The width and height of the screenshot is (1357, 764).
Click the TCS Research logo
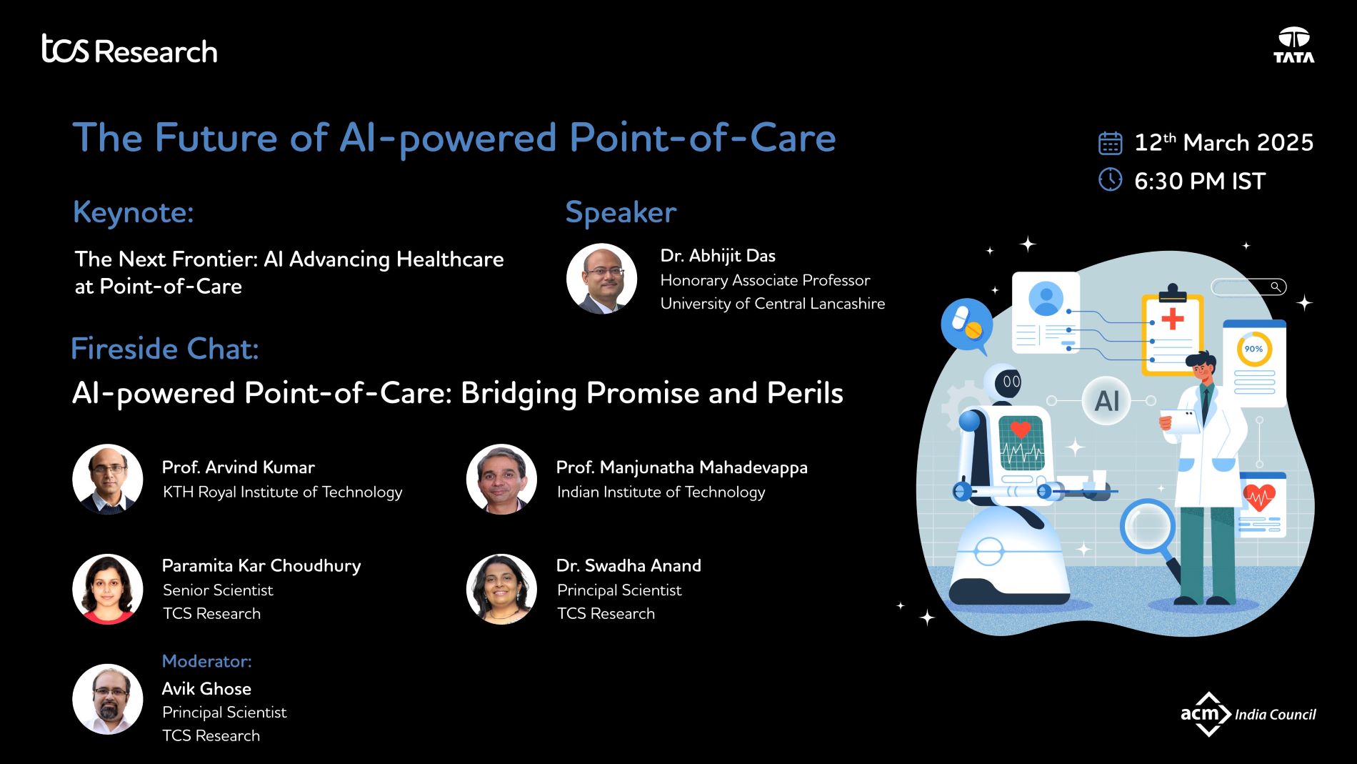coord(129,49)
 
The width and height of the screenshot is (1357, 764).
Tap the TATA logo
coord(1293,45)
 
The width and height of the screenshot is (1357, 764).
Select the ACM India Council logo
coord(1248,713)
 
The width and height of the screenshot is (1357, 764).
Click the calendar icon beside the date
coord(1110,143)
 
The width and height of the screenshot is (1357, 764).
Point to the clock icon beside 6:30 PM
coord(1110,179)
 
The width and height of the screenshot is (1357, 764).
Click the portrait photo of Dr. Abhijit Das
coord(601,279)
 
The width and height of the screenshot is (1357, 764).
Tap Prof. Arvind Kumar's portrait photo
coord(108,479)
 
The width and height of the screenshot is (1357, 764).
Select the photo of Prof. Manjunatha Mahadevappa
coord(501,479)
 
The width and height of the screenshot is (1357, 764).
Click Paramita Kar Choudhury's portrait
coord(108,589)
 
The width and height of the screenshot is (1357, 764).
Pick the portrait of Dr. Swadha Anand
coord(501,589)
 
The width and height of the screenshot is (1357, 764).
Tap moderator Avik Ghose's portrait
coord(108,699)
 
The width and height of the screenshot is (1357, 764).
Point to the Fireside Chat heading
coord(164,349)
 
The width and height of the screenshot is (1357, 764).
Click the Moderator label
coord(206,661)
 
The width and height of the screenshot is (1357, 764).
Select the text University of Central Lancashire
coord(772,304)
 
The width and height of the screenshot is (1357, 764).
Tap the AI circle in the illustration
coord(1106,401)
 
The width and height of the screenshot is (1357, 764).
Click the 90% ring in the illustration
coord(1254,349)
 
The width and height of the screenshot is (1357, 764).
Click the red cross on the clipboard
coord(1172,318)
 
